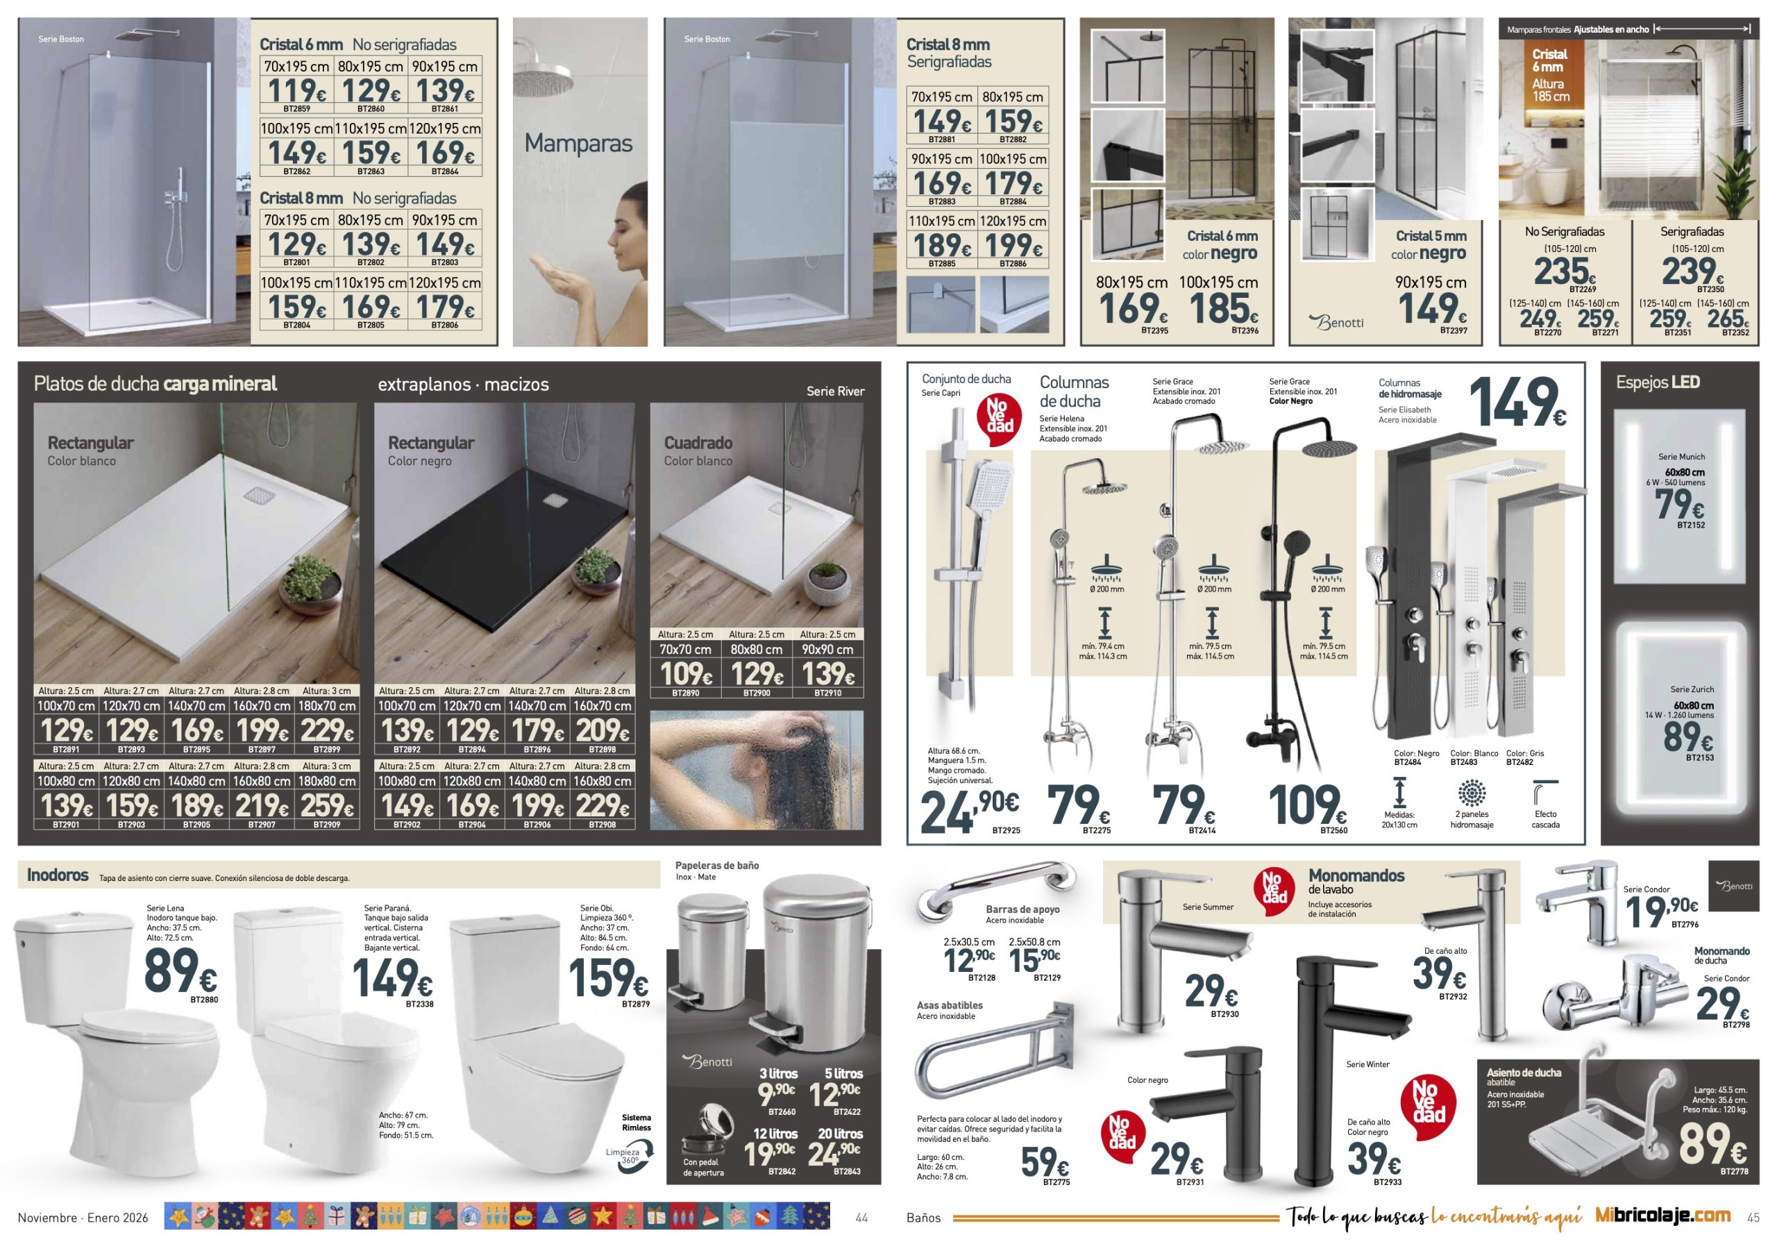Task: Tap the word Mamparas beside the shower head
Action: point(578,144)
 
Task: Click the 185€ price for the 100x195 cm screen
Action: point(1223,309)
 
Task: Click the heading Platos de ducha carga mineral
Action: point(155,384)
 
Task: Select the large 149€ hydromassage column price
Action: point(1517,403)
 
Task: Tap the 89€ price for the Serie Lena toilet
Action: point(180,970)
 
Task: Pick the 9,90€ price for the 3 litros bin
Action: point(776,1094)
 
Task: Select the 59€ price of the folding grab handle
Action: point(1045,1161)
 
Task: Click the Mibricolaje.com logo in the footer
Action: point(1663,1216)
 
